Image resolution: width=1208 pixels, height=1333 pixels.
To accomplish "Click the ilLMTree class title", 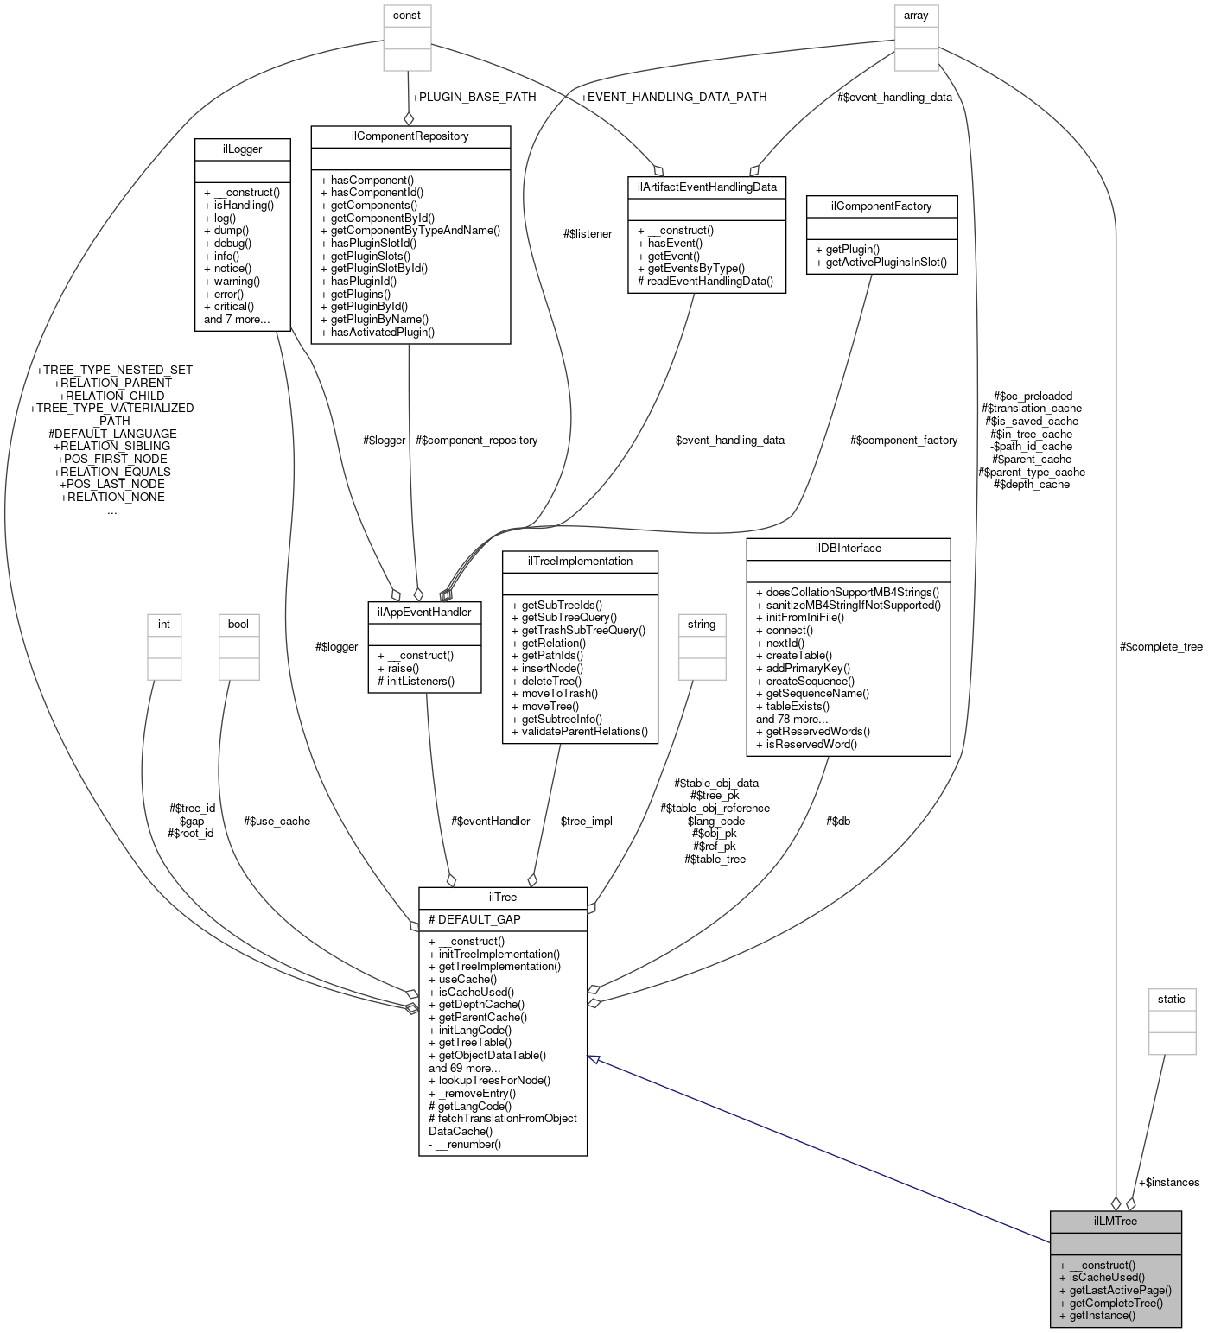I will (1115, 1221).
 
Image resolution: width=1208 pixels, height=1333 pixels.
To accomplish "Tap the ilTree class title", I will (502, 898).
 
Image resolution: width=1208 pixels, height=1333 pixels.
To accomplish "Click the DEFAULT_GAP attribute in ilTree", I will (474, 919).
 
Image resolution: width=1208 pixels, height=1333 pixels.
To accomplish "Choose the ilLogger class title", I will (242, 149).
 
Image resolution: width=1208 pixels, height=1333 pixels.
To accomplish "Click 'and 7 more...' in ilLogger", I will (236, 319).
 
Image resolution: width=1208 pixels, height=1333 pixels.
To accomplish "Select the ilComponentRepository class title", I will (410, 136).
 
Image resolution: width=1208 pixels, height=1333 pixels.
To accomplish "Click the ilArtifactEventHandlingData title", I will (706, 187).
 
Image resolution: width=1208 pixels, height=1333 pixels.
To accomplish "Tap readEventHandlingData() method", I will (705, 281).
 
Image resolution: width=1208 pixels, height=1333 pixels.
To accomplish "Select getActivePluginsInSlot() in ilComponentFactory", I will (881, 262).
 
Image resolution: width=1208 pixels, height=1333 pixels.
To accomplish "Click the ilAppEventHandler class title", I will (424, 612).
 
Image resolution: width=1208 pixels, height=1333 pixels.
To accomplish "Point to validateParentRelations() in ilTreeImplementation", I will (580, 731).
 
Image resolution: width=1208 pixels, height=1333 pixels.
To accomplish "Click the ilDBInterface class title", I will (848, 548).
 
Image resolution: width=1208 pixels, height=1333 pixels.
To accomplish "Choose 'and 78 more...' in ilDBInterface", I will (792, 719).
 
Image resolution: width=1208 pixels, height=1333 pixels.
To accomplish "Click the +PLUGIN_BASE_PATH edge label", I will (474, 97).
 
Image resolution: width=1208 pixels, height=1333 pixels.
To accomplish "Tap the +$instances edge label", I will (1168, 1182).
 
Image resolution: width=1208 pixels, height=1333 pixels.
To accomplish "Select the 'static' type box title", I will (1171, 999).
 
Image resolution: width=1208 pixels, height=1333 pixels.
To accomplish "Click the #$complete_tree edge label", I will (1160, 646).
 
